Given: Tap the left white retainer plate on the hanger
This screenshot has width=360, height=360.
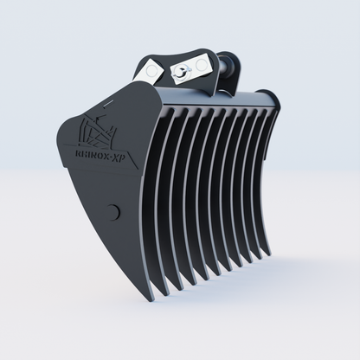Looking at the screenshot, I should click(157, 70).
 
